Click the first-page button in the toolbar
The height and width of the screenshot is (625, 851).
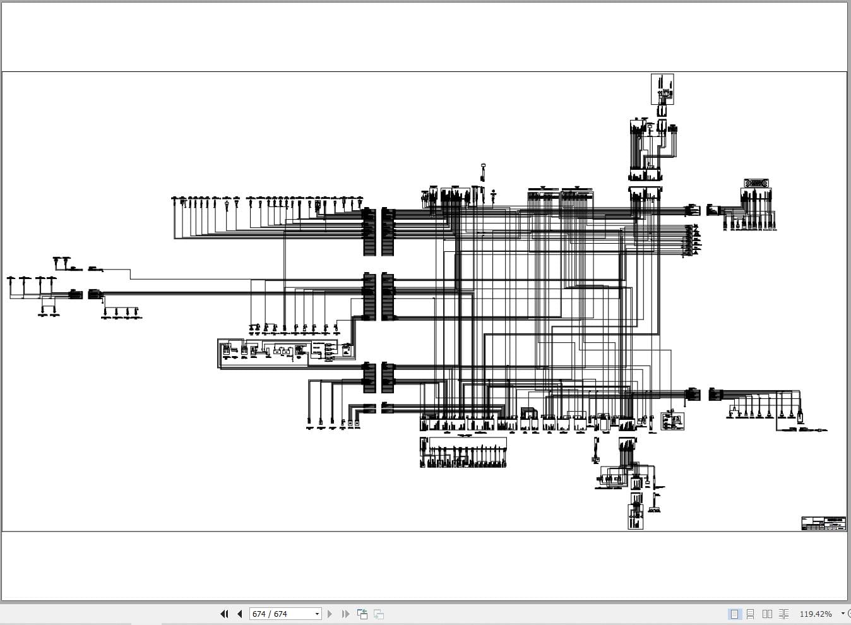tap(224, 614)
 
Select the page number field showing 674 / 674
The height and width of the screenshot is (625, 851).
tap(281, 614)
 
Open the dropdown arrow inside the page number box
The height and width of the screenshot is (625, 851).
tap(317, 614)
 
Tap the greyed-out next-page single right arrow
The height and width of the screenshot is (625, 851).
tap(330, 614)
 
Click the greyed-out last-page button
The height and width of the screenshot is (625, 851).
tap(345, 614)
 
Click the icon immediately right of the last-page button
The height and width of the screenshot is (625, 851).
tap(362, 614)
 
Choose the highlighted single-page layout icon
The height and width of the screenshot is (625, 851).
tap(734, 614)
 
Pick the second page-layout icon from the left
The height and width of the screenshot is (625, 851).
tap(751, 614)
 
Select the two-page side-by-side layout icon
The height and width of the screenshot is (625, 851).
tap(767, 614)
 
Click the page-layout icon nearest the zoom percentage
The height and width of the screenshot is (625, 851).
tap(783, 614)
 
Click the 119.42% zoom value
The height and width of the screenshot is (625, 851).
tap(816, 614)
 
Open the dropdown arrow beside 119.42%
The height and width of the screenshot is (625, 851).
tap(842, 614)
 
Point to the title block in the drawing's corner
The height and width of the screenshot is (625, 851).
tap(824, 523)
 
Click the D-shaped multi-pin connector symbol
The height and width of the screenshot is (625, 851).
tap(755, 184)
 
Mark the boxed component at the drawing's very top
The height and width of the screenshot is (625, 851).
tap(662, 89)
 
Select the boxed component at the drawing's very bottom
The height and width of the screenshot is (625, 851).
tap(635, 516)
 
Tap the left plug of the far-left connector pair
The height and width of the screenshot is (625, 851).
tap(75, 294)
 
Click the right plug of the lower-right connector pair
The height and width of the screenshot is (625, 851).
tap(715, 395)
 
